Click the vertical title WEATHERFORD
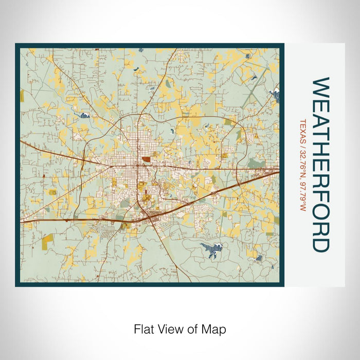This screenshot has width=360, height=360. point(319,165)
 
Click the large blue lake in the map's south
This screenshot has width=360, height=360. point(211,250)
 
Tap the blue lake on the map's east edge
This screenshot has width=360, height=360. point(276,94)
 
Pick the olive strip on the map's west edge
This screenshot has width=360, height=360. point(22,96)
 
